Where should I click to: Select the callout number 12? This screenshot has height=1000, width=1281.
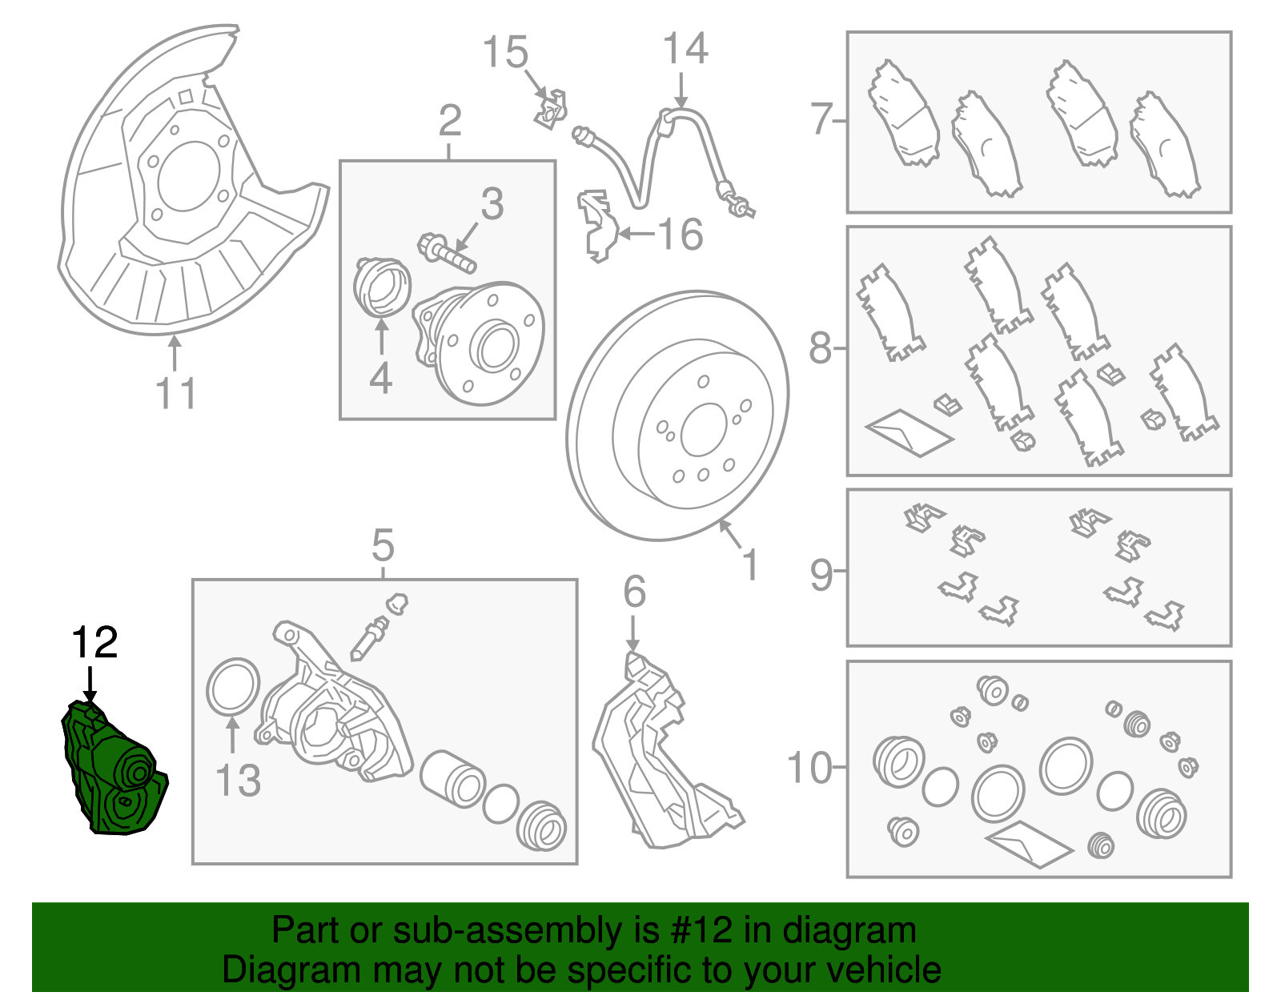[x=94, y=642]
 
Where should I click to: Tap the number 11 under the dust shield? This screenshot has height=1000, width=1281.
[x=175, y=394]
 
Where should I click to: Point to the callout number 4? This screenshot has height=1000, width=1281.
[x=380, y=379]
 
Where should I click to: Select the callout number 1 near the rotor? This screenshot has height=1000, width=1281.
[x=749, y=565]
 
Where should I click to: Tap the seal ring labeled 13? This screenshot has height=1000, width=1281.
[x=233, y=686]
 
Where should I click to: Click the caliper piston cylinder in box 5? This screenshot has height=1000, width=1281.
[x=452, y=777]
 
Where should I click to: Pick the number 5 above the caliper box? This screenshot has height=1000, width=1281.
[x=383, y=546]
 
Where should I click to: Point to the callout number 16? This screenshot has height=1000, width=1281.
[x=680, y=235]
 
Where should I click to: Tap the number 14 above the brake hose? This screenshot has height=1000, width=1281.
[x=685, y=49]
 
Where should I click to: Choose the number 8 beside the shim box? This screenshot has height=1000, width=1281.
[x=820, y=348]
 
